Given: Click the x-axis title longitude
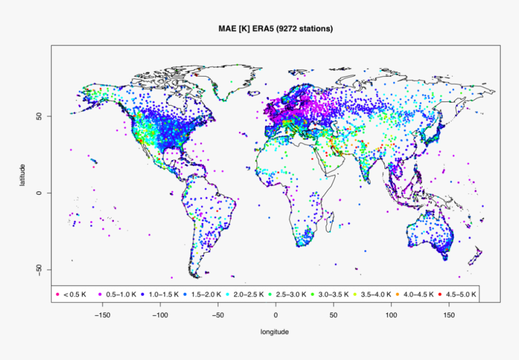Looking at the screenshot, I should (x=275, y=332).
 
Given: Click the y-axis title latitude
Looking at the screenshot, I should (x=22, y=175).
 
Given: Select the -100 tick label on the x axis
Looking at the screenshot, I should (x=160, y=315).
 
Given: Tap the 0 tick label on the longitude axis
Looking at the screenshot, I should (x=276, y=315).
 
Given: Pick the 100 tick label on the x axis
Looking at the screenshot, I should (x=392, y=315).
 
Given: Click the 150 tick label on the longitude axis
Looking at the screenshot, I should (x=450, y=315).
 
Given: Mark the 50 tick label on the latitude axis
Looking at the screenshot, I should (x=39, y=116).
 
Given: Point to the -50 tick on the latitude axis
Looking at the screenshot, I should (x=39, y=269).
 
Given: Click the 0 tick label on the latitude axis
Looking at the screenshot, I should (x=39, y=193).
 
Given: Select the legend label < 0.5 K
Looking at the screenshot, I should (x=75, y=295).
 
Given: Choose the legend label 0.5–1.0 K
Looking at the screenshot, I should (x=121, y=295).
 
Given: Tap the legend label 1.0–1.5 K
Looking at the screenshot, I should (x=164, y=295).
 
